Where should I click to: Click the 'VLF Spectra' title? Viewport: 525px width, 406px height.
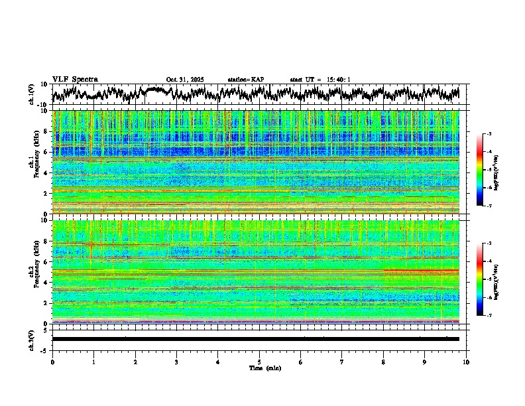[x=75, y=79]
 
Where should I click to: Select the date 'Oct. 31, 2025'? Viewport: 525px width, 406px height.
[x=185, y=80]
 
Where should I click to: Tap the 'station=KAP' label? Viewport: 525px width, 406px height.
[x=245, y=80]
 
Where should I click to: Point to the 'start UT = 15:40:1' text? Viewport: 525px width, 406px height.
[x=320, y=80]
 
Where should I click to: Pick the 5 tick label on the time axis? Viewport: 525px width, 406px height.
[x=259, y=362]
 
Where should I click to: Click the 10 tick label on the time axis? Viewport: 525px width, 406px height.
[x=466, y=362]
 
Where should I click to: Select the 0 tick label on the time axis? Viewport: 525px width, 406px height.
[x=52, y=362]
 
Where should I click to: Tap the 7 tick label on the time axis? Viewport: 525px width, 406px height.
[x=342, y=362]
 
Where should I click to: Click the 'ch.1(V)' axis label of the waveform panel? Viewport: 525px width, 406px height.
[x=32, y=94]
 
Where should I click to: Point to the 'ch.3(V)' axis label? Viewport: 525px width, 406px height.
[x=32, y=338]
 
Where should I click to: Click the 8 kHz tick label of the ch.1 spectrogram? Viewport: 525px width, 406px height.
[x=47, y=131]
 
